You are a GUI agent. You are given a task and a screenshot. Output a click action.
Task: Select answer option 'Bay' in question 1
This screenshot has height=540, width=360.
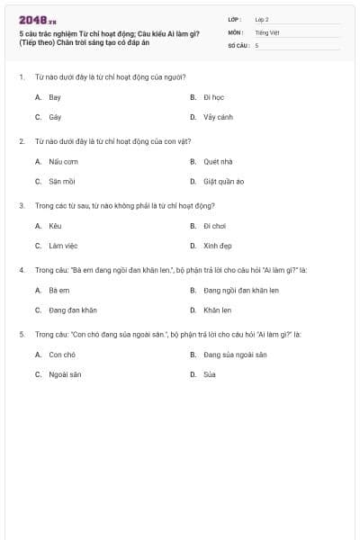55,96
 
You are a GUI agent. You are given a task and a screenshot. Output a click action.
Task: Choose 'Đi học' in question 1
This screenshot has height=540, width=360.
213,96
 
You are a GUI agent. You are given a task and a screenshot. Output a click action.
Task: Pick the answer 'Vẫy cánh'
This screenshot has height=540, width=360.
218,117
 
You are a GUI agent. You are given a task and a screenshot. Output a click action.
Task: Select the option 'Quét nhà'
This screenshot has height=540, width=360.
218,161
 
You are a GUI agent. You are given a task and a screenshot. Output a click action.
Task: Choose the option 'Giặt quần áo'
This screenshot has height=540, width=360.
223,182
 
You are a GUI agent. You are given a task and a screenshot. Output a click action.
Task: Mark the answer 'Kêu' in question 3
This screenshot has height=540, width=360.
55,226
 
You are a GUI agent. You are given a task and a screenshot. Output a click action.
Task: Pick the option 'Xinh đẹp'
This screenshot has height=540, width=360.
217,246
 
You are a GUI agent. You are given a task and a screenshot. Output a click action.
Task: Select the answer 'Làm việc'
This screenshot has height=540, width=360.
61,246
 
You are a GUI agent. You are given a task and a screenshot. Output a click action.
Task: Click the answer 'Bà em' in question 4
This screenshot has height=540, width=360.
58,290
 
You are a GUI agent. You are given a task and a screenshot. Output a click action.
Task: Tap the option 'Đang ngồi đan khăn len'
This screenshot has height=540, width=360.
240,290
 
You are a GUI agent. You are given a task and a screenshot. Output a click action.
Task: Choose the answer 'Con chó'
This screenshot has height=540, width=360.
61,355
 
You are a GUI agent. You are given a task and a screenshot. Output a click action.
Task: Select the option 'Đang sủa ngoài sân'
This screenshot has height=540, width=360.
234,355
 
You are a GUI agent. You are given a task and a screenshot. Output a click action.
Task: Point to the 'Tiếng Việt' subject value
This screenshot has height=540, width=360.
267,31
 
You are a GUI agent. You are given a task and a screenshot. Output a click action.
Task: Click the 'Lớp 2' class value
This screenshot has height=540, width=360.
261,19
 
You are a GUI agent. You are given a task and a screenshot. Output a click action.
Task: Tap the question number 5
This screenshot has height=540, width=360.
22,334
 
